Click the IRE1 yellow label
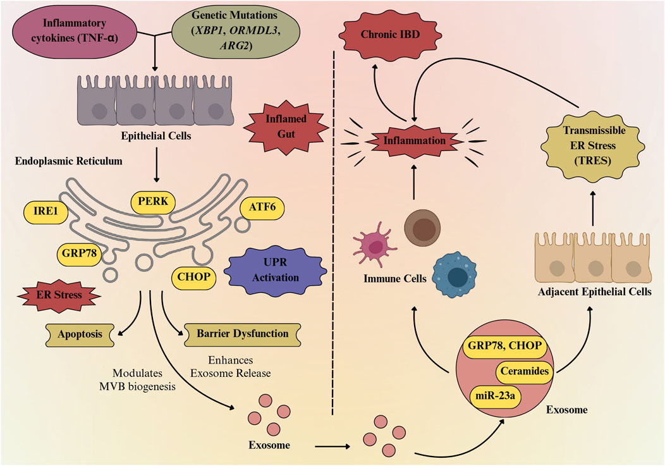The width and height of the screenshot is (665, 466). (x=46, y=211)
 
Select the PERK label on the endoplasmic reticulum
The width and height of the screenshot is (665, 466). (x=153, y=202)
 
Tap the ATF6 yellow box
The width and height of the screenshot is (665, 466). (x=262, y=207)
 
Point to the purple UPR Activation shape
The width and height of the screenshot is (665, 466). (x=275, y=271)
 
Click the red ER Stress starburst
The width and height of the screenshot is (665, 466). (x=59, y=295)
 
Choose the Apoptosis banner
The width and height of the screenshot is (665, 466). (x=80, y=334)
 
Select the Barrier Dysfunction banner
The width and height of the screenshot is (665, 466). (x=242, y=334)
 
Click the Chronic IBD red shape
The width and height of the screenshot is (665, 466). (x=390, y=35)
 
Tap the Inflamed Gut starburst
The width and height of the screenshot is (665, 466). (x=286, y=126)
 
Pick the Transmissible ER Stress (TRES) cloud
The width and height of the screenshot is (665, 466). (x=593, y=145)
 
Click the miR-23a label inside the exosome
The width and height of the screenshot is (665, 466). (x=495, y=396)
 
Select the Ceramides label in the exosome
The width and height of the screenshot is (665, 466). (x=525, y=372)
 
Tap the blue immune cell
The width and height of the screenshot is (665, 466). (x=455, y=275)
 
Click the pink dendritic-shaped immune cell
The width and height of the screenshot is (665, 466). (x=374, y=245)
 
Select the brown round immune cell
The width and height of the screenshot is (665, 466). (x=422, y=228)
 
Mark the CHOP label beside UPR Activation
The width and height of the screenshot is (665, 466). (x=194, y=278)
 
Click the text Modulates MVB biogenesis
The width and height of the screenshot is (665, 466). (x=137, y=380)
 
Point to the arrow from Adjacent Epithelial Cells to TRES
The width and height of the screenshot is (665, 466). (x=593, y=209)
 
